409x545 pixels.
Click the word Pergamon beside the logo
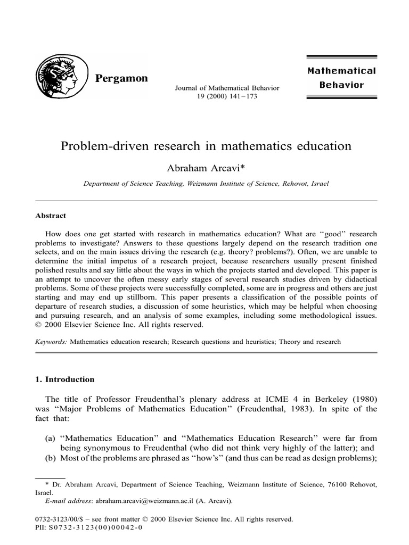click(x=121, y=79)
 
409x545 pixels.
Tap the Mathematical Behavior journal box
click(x=341, y=78)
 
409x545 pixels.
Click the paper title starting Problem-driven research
click(x=206, y=146)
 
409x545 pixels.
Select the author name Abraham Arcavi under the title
click(x=203, y=168)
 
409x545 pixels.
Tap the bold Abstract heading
click(x=51, y=216)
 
